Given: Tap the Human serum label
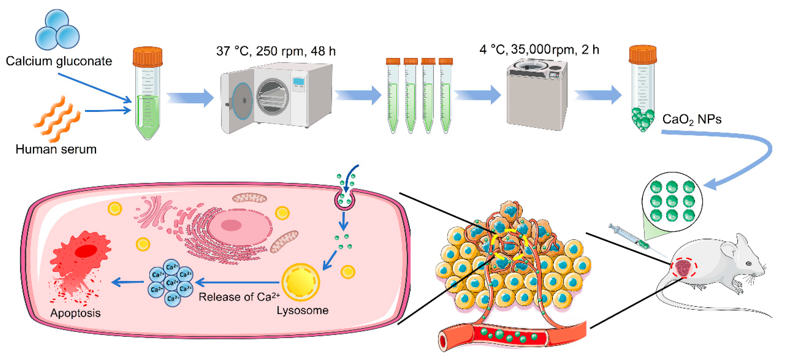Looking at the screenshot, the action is [x=56, y=149].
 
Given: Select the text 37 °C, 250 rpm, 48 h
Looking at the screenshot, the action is [x=276, y=51].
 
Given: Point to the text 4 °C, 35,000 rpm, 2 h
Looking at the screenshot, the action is [x=539, y=49].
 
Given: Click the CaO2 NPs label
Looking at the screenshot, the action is [x=692, y=119].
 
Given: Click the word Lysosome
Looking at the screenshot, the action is [x=302, y=310].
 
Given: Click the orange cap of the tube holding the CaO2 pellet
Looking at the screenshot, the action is [x=643, y=54].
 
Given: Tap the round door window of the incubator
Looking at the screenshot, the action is [x=273, y=97].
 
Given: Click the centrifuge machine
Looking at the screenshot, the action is [x=537, y=95].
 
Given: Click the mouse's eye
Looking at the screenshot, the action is [x=749, y=263].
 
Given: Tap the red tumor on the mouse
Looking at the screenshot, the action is [x=684, y=268].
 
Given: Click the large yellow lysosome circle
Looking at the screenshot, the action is [x=301, y=282].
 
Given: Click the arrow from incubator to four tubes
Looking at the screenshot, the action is [x=358, y=95].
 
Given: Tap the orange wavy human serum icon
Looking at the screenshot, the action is [x=57, y=119].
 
